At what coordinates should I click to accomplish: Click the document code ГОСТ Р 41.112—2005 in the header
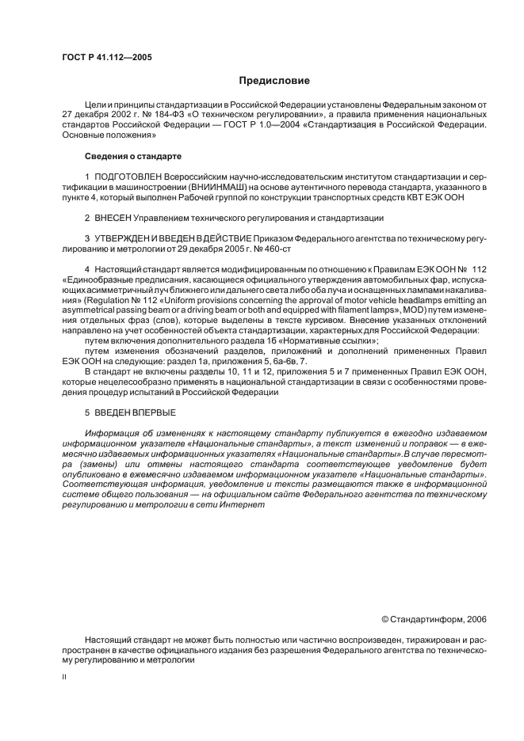107,58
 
